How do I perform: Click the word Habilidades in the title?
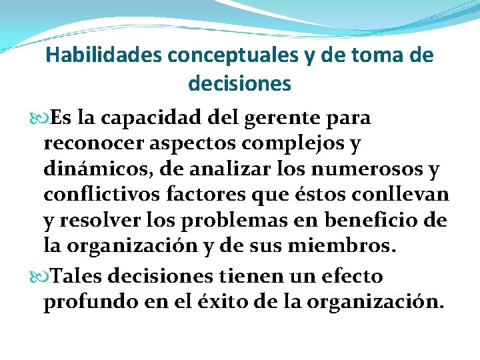104,55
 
